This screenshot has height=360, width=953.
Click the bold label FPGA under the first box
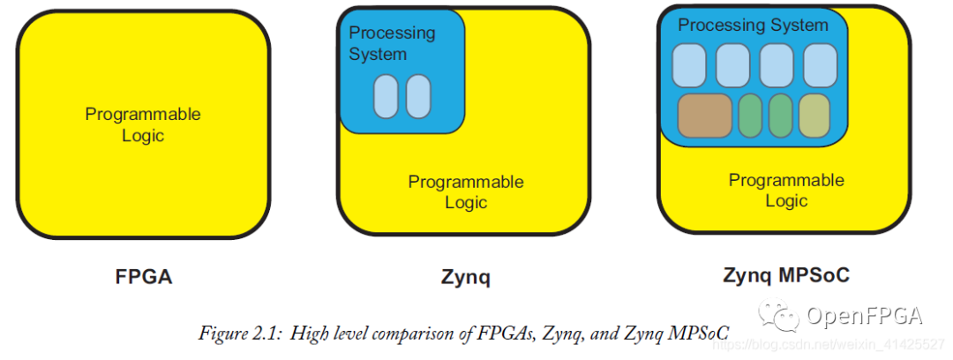pyautogui.click(x=144, y=276)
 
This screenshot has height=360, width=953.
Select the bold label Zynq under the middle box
pyautogui.click(x=465, y=276)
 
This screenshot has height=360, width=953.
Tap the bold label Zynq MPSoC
pyautogui.click(x=785, y=274)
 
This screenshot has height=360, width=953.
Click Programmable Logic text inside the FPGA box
pyautogui.click(x=143, y=124)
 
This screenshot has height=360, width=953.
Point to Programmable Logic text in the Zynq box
pyautogui.click(x=465, y=191)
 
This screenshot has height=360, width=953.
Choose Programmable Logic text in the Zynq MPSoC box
pyautogui.click(x=785, y=190)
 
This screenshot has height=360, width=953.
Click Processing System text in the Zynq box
pyautogui.click(x=392, y=43)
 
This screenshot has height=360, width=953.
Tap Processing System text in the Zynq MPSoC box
pyautogui.click(x=753, y=26)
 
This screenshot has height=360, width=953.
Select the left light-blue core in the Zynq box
pyautogui.click(x=386, y=97)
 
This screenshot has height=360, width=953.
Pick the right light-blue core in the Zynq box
pyautogui.click(x=418, y=97)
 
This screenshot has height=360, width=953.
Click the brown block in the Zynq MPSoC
pyautogui.click(x=704, y=116)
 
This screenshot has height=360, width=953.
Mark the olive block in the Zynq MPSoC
pyautogui.click(x=814, y=116)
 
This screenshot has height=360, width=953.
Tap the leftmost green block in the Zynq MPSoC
pyautogui.click(x=749, y=116)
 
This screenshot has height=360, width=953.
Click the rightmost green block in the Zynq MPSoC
pyautogui.click(x=780, y=116)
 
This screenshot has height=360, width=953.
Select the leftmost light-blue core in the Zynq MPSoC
pyautogui.click(x=689, y=65)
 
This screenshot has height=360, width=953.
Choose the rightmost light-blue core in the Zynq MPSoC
pyautogui.click(x=820, y=65)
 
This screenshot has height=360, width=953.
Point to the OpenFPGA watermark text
pyautogui.click(x=865, y=315)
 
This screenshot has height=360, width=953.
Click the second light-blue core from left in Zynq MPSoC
pyautogui.click(x=733, y=65)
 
